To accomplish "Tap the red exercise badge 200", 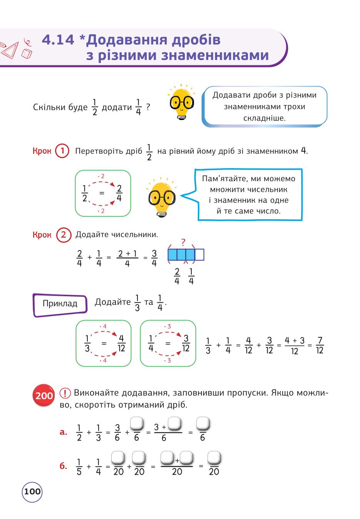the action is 44,396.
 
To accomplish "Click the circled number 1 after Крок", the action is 62,151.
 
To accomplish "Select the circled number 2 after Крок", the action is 64,235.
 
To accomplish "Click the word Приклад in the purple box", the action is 60,303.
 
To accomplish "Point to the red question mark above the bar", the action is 183,242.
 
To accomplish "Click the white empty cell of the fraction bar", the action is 199,255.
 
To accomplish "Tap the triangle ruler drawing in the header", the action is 9,49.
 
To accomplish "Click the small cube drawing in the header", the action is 27,53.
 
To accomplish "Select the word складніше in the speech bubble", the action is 264,118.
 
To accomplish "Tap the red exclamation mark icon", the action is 65,393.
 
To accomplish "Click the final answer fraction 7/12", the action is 320,345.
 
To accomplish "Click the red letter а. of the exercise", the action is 63,432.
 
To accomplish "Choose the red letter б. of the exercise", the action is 63,466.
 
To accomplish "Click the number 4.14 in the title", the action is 58,40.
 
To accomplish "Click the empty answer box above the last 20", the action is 214,457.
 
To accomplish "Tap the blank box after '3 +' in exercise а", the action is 174,423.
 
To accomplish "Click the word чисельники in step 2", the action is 135,234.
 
